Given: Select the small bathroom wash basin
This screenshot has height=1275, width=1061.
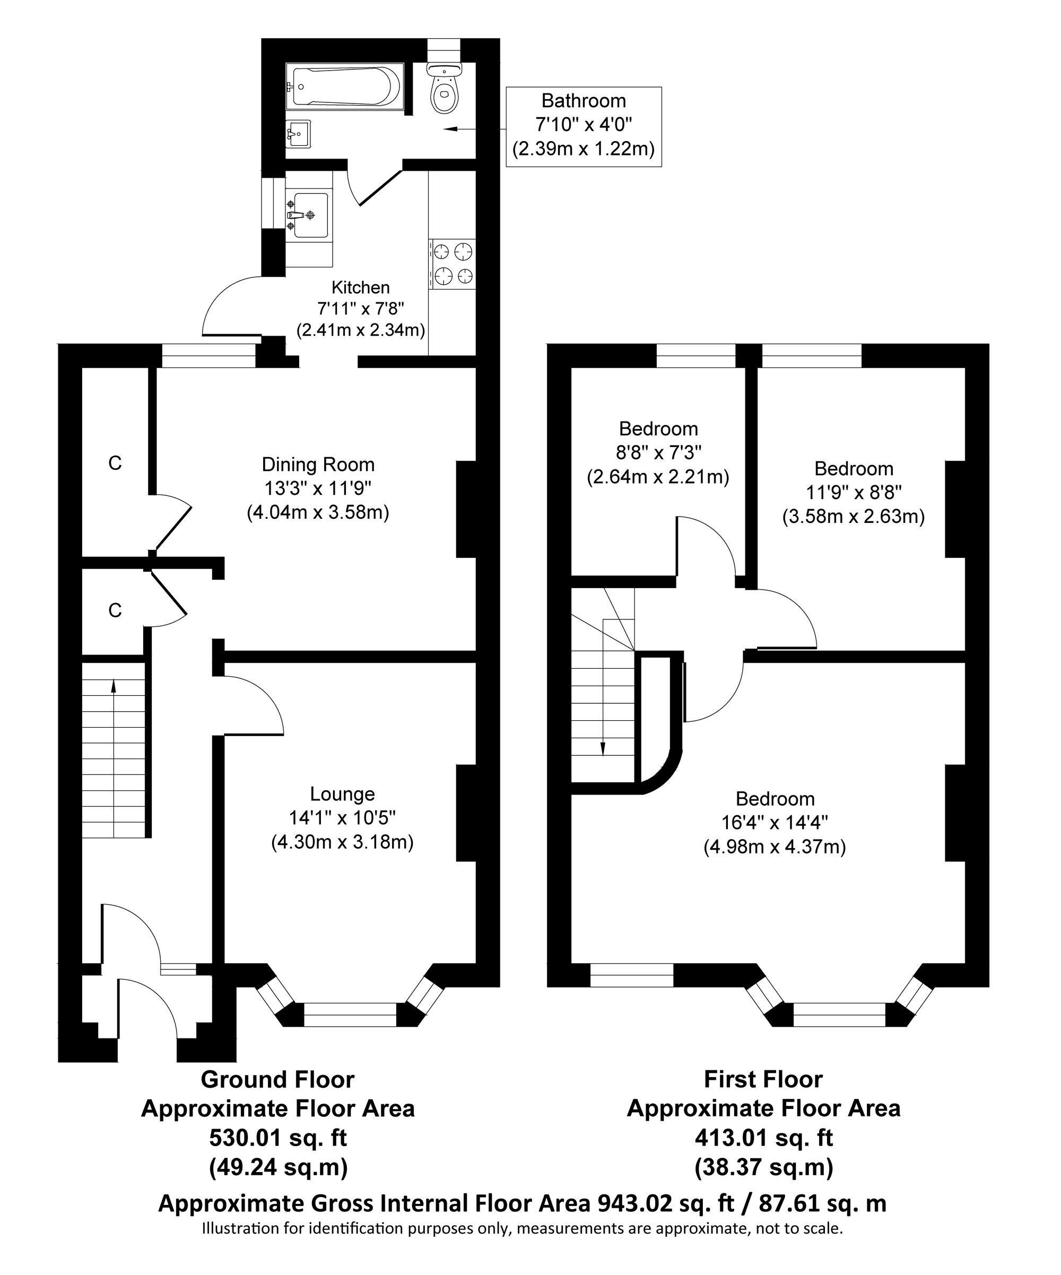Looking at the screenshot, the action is point(298,133).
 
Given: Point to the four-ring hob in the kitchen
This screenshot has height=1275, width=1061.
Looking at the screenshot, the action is point(453,264).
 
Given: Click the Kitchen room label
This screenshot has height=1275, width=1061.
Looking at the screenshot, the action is point(361,287).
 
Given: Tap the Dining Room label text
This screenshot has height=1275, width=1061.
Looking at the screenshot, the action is point(318,465).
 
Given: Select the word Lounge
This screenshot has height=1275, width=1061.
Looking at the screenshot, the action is point(343,793).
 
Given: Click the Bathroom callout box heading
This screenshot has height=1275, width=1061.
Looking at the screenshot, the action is point(584,101).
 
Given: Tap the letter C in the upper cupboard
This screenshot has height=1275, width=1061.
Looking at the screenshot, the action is point(115,463).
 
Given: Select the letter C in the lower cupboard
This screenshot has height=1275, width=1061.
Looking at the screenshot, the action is point(115,610).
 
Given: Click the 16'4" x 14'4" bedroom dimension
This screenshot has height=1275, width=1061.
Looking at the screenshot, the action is point(775,822).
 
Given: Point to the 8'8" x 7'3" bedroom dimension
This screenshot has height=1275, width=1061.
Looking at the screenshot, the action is point(658,452).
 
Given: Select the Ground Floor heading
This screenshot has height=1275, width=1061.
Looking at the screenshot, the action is point(277,1079).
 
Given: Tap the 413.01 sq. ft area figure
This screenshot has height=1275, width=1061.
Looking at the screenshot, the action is point(763,1138).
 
